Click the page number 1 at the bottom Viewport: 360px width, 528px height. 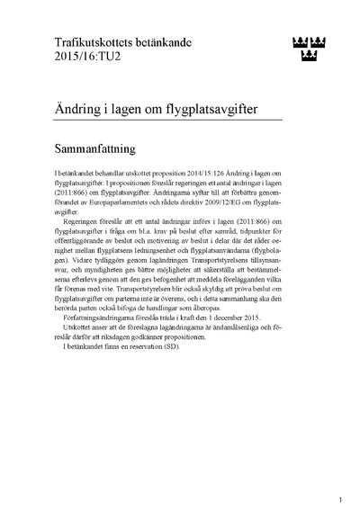(x=340, y=499)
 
